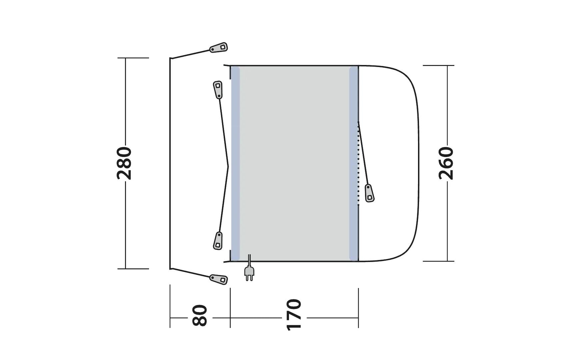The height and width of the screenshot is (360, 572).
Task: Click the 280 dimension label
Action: (125, 163)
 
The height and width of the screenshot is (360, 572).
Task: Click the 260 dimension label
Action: (446, 163)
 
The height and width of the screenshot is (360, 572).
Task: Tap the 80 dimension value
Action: (200, 315)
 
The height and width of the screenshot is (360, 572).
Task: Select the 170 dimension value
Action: (294, 315)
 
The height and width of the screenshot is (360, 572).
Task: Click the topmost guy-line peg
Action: (219, 48)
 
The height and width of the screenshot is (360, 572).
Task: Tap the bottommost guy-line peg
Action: (219, 279)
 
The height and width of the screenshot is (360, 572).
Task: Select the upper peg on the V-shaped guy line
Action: (218, 90)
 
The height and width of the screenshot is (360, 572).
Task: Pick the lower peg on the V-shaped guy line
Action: (218, 241)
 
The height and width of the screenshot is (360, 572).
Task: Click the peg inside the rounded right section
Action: (369, 193)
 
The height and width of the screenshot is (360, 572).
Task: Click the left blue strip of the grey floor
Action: (235, 163)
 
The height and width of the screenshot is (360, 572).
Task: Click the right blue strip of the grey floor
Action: (353, 163)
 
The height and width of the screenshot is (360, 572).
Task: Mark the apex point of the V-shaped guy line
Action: (228, 166)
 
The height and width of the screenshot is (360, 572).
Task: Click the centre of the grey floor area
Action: (294, 163)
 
